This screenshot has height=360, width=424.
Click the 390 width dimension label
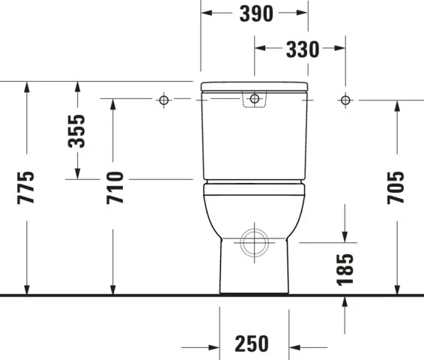pos(255,14)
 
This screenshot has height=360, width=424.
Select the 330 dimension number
pos(302,50)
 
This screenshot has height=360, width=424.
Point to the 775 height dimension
pos(26,187)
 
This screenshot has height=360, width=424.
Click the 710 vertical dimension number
pos(114,187)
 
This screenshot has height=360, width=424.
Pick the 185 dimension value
pos(345,268)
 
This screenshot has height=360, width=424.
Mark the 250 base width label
pos(252,344)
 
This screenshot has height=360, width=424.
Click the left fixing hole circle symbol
pos(163,100)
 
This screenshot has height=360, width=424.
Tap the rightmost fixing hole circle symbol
pos(345,100)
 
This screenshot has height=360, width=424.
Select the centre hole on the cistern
pos(255,99)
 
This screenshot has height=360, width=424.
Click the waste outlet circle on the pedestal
pos(255,242)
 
